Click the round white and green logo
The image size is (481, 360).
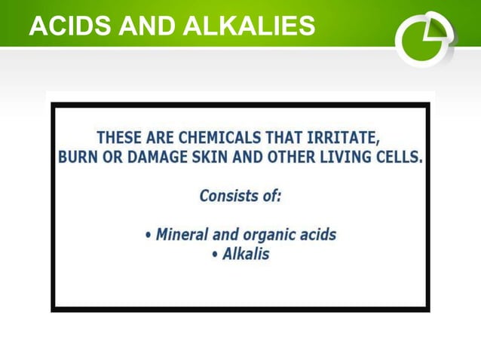(424, 38)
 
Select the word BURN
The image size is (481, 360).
(78, 158)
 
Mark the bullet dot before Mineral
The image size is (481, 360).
(148, 235)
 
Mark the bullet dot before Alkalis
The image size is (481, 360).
(216, 255)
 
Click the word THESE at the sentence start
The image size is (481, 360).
(119, 139)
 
